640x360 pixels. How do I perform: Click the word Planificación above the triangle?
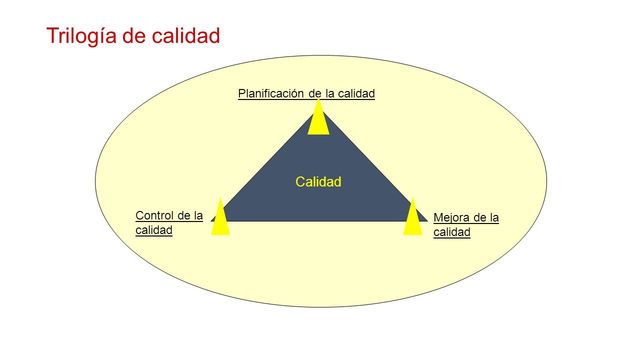pos(272,94)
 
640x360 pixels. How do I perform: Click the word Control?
pos(154,215)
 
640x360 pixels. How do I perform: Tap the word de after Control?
pos(184,215)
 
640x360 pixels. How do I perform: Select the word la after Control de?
pos(199,215)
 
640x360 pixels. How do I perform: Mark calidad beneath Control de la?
pos(154,230)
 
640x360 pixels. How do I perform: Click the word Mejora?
pos(452,217)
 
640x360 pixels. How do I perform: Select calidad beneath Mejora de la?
pos(452,232)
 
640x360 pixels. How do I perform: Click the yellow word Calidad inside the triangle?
pos(319,182)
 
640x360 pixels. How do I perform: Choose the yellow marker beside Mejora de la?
pos(412,217)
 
